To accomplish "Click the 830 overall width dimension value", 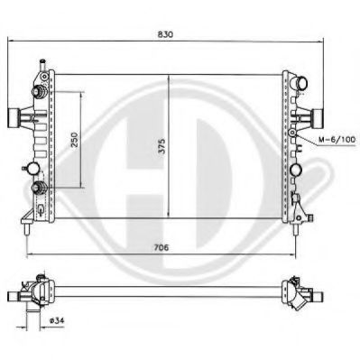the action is [x=165, y=34].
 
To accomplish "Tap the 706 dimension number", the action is [x=162, y=247].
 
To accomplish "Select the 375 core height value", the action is [x=162, y=146].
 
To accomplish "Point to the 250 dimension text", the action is [x=74, y=140].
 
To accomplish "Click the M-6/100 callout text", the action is [x=337, y=140].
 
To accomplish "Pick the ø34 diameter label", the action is [x=57, y=320].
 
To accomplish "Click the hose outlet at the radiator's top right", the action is [x=300, y=83].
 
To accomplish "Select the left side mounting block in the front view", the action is [x=13, y=118].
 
